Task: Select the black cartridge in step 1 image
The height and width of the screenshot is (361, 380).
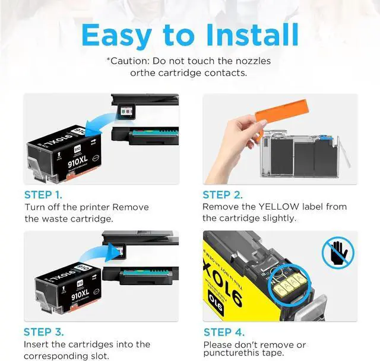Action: click(x=58, y=153)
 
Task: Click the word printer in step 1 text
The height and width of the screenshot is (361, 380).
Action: click(x=94, y=207)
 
